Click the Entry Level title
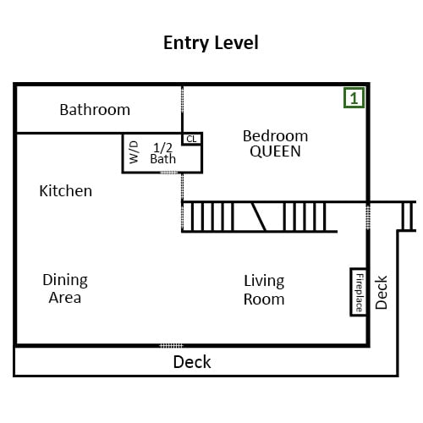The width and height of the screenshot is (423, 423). coord(211,43)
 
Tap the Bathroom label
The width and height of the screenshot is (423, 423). coord(95,110)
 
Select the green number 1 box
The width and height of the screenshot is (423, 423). coord(354,97)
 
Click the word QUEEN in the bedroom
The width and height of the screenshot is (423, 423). coord(275,151)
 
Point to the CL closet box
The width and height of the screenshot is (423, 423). coord(192,139)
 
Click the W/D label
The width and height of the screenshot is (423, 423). coord(135,152)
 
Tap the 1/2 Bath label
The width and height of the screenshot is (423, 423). coord(163,153)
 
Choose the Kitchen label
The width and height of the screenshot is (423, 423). coord(66,191)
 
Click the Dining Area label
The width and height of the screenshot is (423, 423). coord(65,288)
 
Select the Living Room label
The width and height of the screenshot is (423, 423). coord(264,289)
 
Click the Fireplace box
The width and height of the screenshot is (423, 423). coord(359,292)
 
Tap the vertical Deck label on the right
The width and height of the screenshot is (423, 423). coord(382,293)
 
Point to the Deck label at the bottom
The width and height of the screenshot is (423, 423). coord(192,362)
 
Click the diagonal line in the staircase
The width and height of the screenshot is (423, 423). coord(259,217)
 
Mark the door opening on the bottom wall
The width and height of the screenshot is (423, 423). coord(171,345)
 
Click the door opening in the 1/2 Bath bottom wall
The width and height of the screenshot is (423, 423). coord(169,173)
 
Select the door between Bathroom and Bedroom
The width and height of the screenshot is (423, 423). coord(182,99)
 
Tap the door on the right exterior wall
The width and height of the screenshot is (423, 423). coord(368,217)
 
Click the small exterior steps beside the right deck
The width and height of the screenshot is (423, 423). coord(408,217)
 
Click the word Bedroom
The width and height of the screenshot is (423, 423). coord(275,136)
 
